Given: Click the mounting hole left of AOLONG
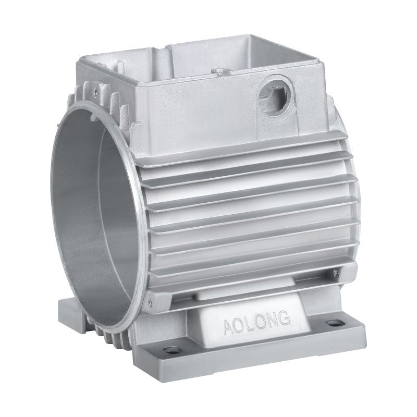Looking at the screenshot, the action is point(168,350).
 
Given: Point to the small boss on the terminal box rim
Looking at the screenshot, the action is point(219,71).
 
